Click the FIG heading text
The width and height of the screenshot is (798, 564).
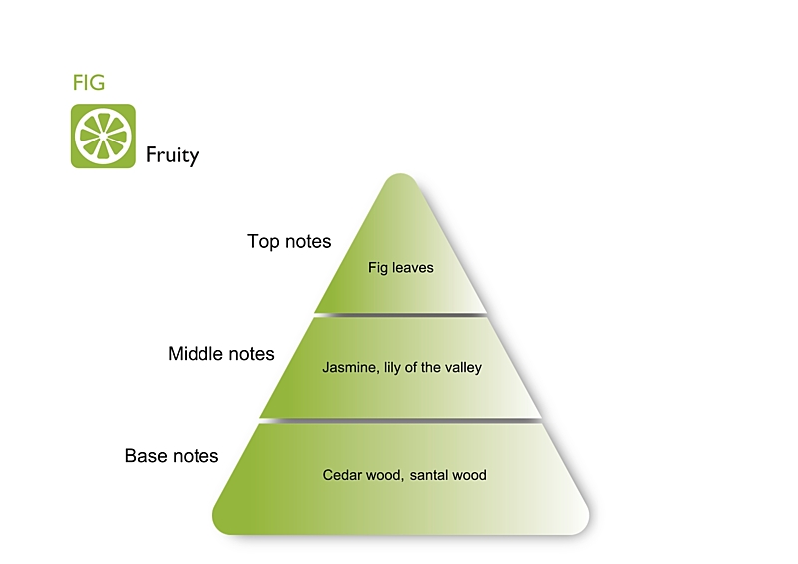coord(89,83)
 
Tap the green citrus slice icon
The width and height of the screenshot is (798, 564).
coord(103,137)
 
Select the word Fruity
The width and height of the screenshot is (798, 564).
coord(172,155)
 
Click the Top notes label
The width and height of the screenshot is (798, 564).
coord(289,241)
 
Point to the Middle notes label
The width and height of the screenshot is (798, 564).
coord(221,353)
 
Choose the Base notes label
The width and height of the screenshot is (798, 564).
coord(172,456)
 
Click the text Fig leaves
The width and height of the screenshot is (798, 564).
coord(400,268)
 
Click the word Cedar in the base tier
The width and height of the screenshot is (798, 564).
coord(341,475)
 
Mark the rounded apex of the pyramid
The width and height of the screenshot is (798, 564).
coord(400,180)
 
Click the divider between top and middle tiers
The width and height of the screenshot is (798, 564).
coord(400,315)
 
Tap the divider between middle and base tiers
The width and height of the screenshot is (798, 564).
coord(400,420)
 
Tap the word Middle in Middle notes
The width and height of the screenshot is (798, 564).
coord(196,353)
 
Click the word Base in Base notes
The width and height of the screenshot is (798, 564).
coord(146,456)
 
